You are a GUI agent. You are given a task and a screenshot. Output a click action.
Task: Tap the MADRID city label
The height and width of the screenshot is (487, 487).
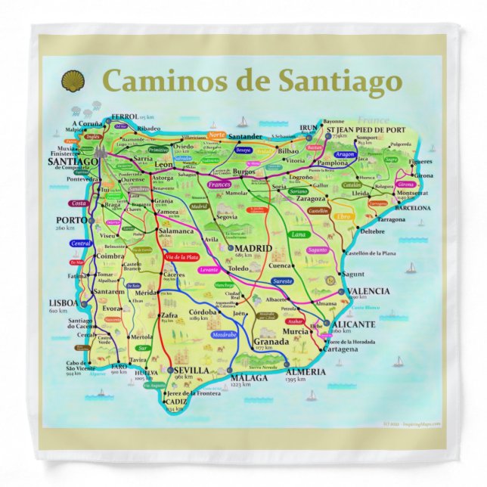tap(254, 248)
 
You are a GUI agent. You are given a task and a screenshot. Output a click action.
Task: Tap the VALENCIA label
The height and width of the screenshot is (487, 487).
tap(367, 290)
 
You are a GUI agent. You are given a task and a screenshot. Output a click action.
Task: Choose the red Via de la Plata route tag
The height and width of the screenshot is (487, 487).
tap(175, 257)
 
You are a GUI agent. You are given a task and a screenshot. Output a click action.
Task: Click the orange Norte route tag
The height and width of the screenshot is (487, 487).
tap(216, 135)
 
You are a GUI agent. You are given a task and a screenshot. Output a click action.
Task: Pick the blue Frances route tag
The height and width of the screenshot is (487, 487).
tap(219, 185)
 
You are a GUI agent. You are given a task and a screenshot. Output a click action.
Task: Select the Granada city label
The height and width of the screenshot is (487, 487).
tap(271, 341)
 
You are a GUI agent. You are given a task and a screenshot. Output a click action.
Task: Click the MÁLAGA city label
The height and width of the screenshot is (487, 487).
tap(248, 377)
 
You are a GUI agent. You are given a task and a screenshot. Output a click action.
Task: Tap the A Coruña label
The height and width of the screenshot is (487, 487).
tap(86, 123)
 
